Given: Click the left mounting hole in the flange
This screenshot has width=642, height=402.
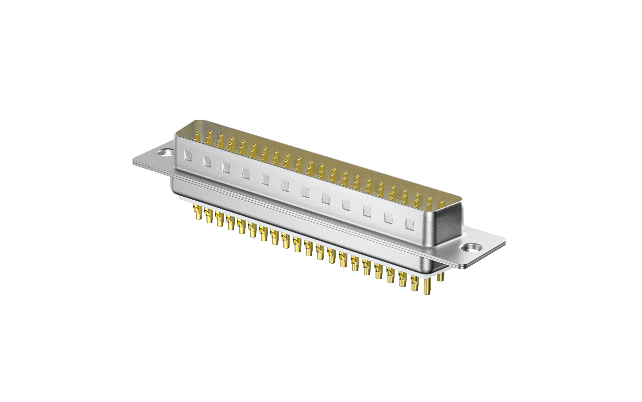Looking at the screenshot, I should [165, 152].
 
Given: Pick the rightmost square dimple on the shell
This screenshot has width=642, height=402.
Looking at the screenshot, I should [409, 224].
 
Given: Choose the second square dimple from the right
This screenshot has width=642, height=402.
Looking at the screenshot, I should [388, 218].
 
